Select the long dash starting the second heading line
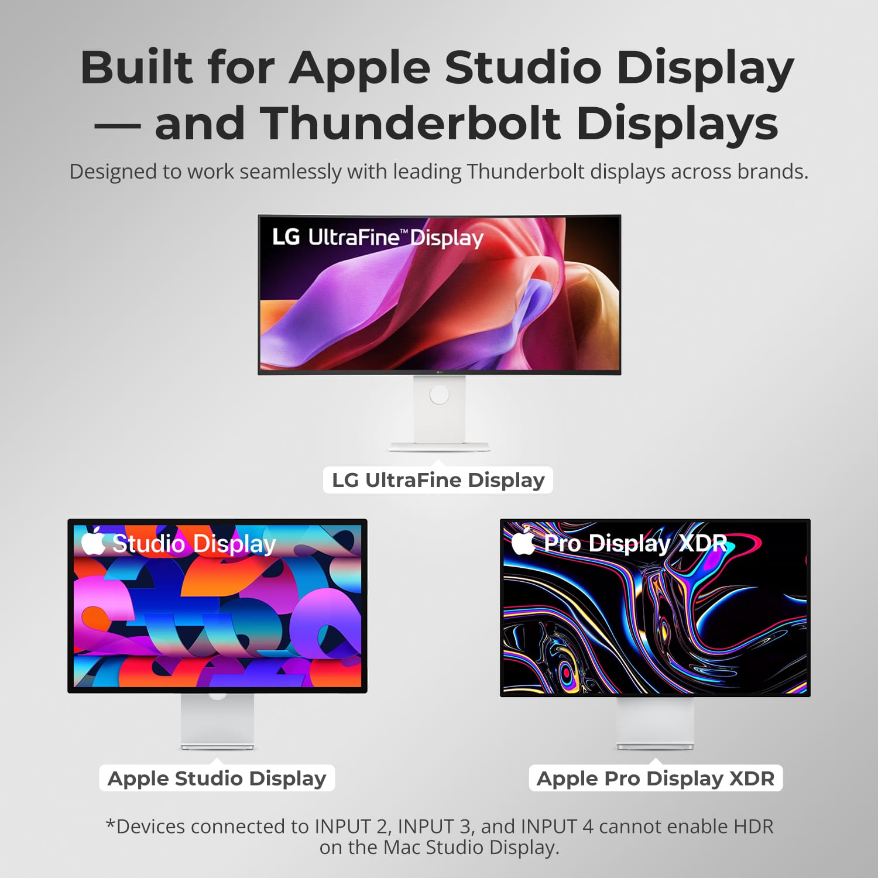click(x=118, y=125)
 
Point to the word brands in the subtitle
click(x=772, y=172)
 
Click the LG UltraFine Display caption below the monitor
click(x=438, y=480)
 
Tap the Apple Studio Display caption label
click(x=217, y=778)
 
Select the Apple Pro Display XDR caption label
click(x=656, y=778)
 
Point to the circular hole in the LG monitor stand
click(x=439, y=394)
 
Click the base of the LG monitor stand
click(x=439, y=447)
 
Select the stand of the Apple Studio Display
click(x=217, y=721)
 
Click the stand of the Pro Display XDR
click(x=655, y=723)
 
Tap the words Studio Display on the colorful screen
click(x=194, y=544)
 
